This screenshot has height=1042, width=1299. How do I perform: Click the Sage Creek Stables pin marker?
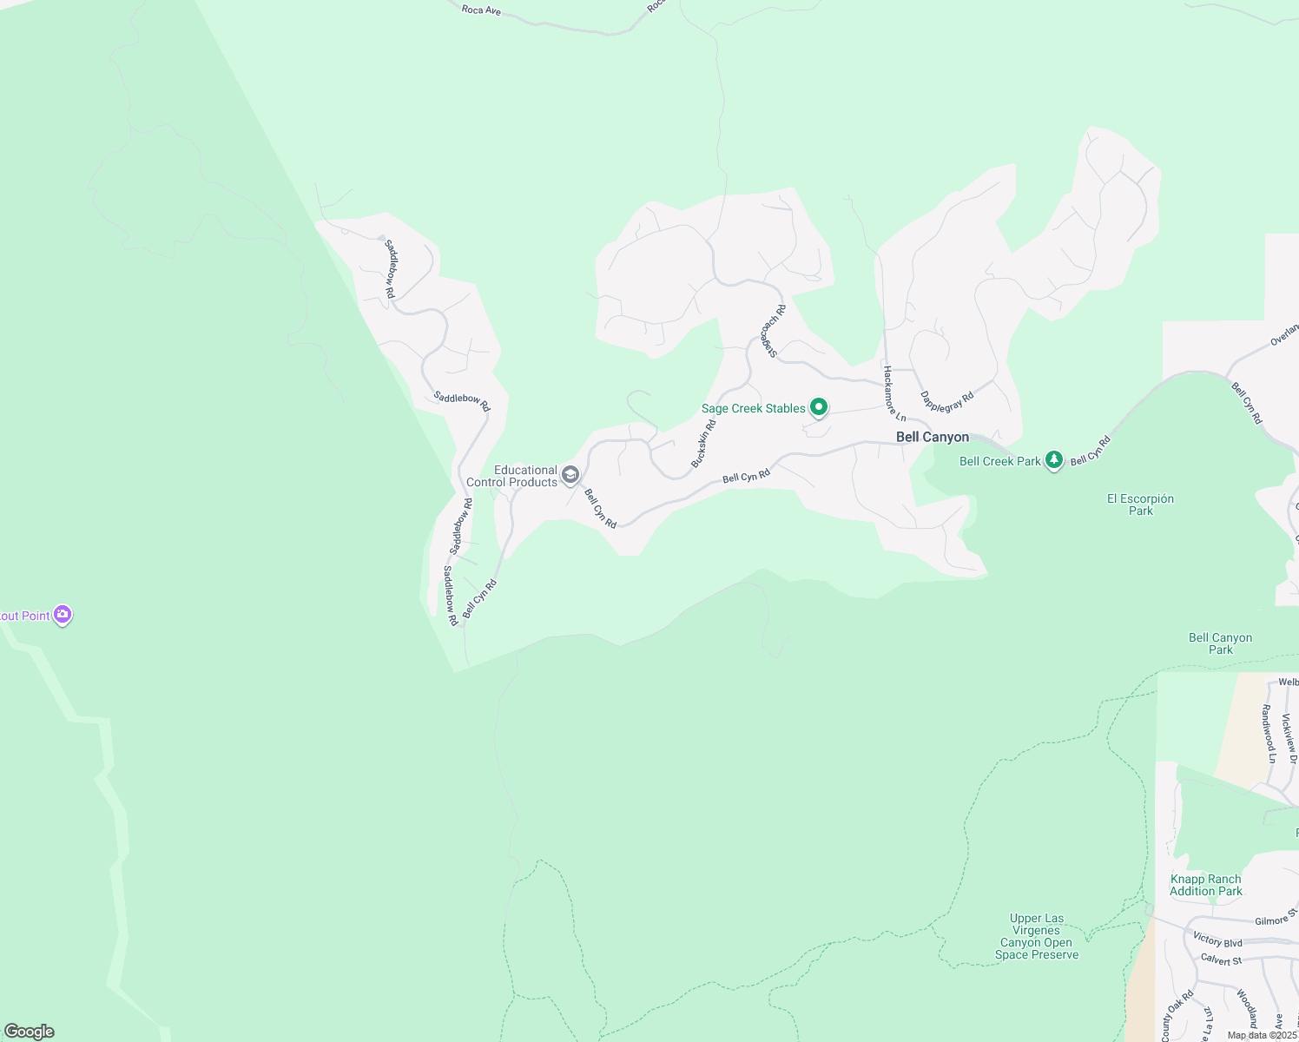click(x=818, y=406)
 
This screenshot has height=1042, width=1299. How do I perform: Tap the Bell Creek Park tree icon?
click(x=1054, y=460)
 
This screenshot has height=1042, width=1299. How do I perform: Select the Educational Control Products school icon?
click(x=570, y=474)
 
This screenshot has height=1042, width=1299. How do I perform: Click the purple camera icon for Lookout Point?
click(x=62, y=615)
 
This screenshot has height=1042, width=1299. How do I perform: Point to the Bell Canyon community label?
click(x=933, y=437)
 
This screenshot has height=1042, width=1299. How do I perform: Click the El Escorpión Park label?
click(x=1140, y=505)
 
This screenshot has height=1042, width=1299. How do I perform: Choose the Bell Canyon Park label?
click(x=1220, y=643)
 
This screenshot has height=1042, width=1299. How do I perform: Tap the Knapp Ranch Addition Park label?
click(x=1205, y=885)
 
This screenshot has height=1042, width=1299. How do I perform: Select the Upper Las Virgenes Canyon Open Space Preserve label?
click(x=1036, y=936)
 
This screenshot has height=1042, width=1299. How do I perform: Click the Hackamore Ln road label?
click(x=893, y=393)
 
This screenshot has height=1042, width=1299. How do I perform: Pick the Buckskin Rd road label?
click(x=703, y=444)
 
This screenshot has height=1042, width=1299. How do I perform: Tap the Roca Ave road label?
click(x=481, y=10)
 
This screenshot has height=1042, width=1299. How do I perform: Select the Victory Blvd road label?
click(x=1217, y=940)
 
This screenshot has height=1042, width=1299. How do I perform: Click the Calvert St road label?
click(x=1221, y=960)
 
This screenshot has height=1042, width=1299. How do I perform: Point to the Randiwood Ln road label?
click(x=1269, y=734)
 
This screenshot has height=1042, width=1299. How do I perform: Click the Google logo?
click(x=30, y=1032)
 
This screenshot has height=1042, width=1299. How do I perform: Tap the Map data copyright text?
click(x=1262, y=1035)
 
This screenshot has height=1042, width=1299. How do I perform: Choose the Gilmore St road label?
click(x=1275, y=919)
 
